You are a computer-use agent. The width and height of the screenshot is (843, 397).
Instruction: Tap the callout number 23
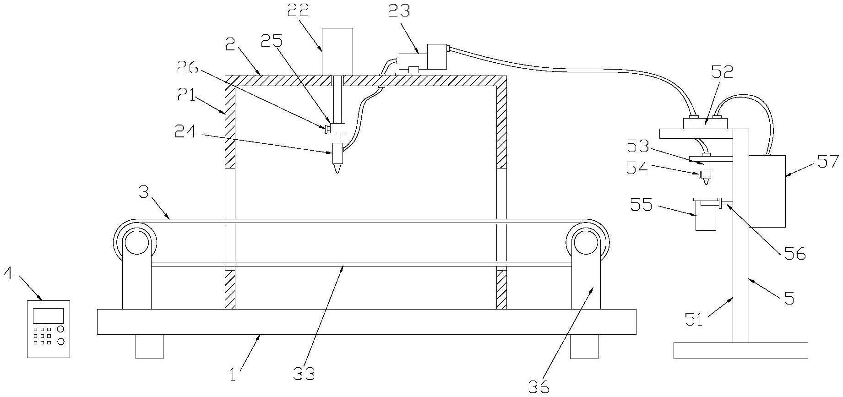399,11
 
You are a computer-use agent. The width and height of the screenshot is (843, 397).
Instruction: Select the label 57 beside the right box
828,162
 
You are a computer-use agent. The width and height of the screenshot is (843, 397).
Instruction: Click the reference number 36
538,386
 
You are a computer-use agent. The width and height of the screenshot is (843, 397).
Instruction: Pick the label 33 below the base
304,374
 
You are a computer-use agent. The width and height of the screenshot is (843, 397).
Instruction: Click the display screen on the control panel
48,316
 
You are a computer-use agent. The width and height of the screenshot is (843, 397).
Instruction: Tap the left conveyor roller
135,241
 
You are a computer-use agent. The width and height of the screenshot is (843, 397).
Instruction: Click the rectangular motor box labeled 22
337,51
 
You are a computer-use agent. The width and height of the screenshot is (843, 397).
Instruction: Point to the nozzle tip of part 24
337,174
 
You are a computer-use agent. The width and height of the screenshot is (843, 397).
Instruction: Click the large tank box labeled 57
767,191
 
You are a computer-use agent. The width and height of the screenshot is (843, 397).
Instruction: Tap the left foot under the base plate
149,346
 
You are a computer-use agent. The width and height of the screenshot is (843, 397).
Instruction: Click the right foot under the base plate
584,346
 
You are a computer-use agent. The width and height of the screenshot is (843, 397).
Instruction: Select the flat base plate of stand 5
740,350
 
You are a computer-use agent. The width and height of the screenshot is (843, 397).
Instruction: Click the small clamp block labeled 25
337,129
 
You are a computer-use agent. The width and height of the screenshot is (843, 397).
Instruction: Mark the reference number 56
794,253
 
